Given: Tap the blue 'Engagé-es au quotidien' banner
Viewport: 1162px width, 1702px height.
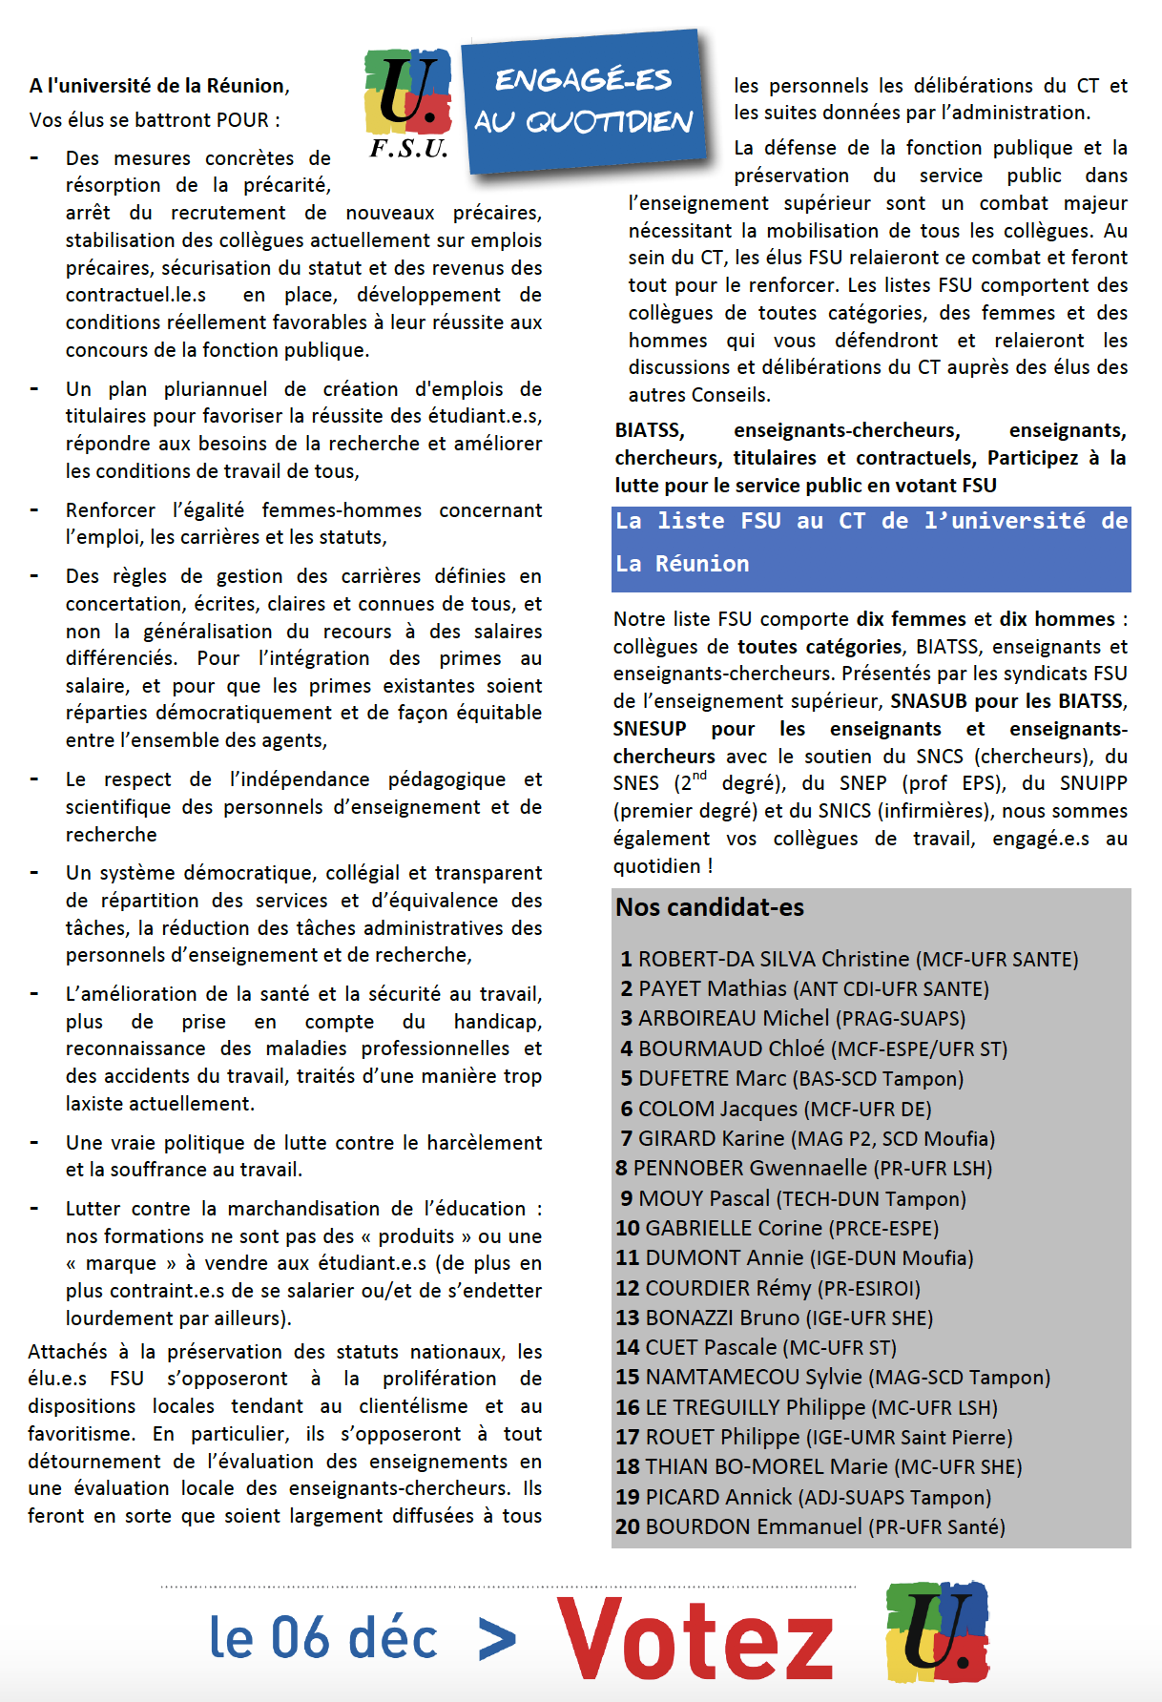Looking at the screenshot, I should tap(584, 101).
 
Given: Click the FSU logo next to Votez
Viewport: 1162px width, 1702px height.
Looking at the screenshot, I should tap(937, 1631).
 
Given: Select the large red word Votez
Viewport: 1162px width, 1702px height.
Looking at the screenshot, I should tap(695, 1637).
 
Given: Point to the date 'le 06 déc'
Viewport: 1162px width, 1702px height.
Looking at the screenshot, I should tap(322, 1638).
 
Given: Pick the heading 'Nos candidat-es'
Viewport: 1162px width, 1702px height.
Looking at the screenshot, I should tap(710, 907).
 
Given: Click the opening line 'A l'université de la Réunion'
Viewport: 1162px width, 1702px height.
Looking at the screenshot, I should tap(159, 86).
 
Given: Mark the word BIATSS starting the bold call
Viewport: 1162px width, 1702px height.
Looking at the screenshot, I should tap(650, 430).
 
